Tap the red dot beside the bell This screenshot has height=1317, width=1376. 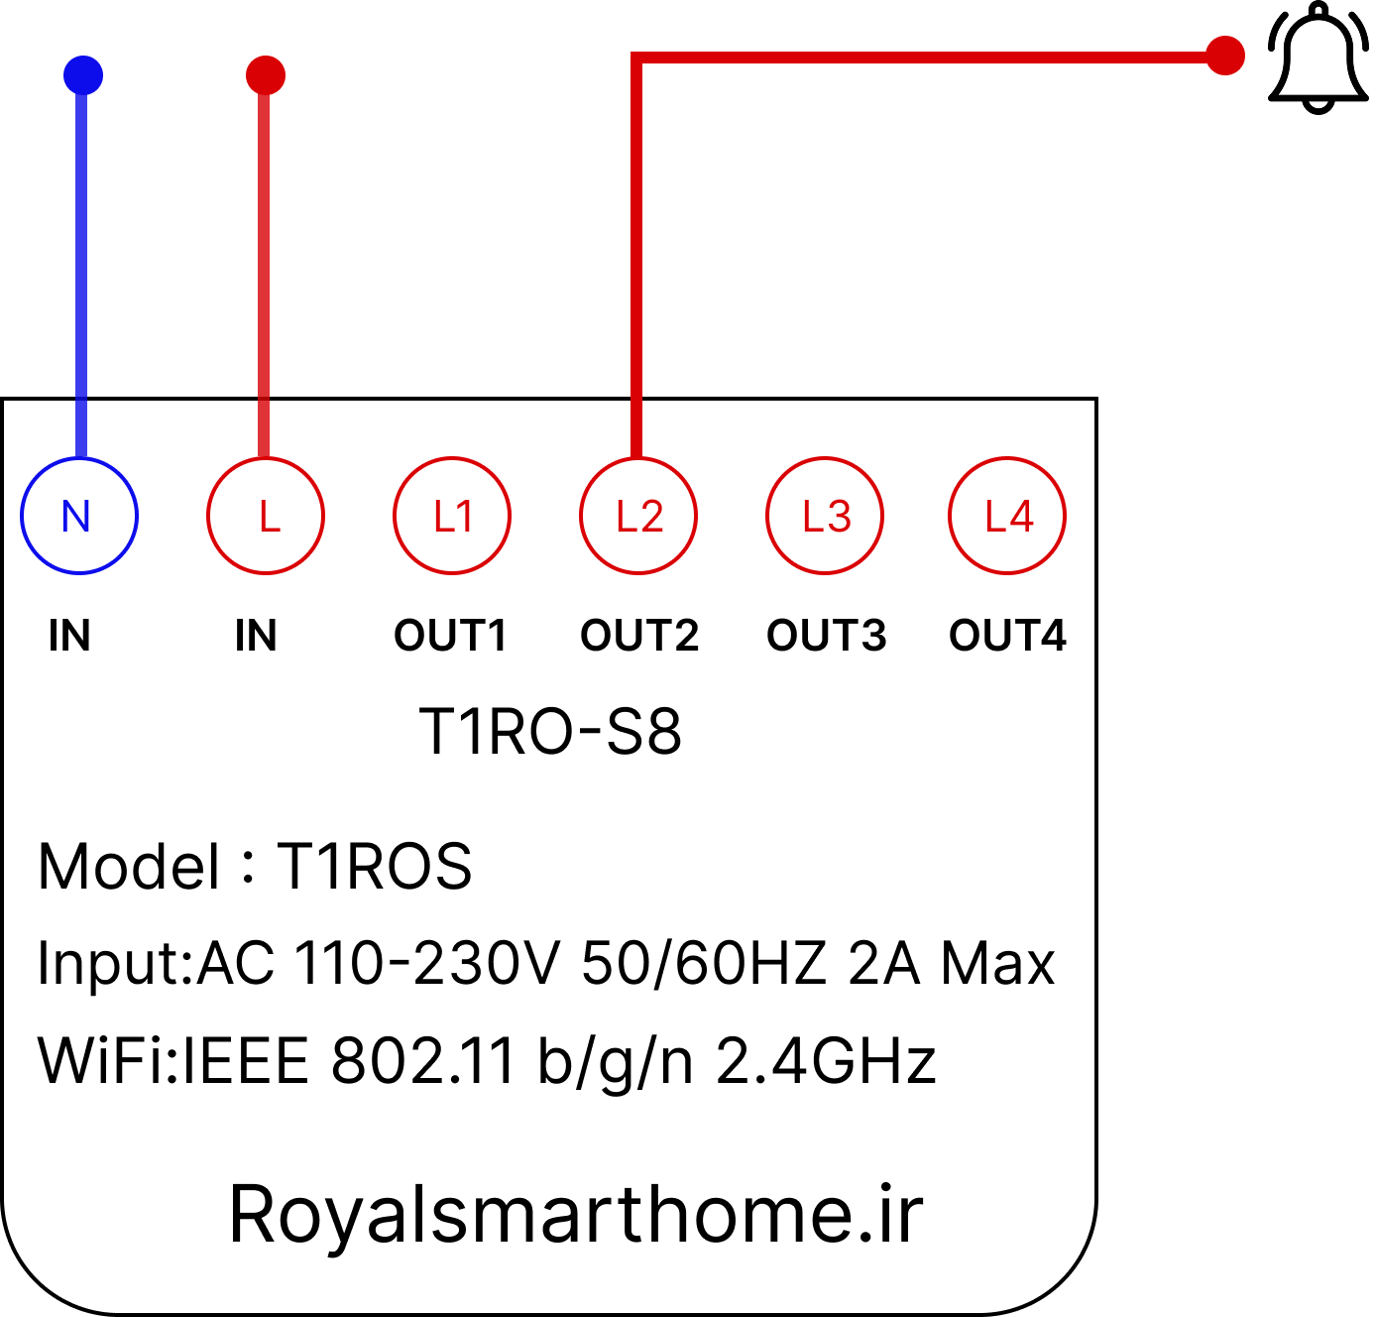1224,56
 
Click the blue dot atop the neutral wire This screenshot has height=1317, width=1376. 82,75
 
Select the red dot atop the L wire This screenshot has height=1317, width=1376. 265,75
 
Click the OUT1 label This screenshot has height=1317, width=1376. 450,635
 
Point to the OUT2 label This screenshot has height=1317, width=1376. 639,635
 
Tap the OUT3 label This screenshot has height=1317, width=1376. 826,635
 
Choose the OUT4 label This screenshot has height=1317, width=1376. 1007,635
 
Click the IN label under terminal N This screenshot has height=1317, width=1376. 69,635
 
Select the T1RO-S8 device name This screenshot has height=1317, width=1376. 550,731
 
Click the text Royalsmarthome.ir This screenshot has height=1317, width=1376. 576,1214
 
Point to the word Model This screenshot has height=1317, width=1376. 128,867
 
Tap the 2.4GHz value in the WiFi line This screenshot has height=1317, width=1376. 826,1061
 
